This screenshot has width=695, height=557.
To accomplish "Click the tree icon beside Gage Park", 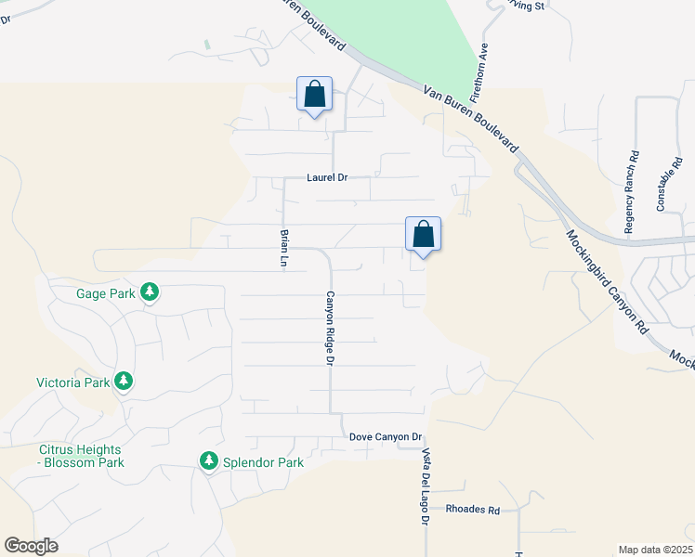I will [x=150, y=294].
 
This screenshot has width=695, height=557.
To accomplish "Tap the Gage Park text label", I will [x=107, y=294].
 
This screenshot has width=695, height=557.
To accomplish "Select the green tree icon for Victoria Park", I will [x=123, y=382].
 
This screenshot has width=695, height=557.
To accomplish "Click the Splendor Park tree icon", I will [x=209, y=461].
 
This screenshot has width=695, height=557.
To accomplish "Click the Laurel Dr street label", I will [x=327, y=176].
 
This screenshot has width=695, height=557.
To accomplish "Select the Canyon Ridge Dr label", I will [x=329, y=328].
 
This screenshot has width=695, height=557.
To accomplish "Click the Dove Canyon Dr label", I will [x=386, y=436].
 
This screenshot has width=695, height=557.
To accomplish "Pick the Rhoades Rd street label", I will [x=473, y=510].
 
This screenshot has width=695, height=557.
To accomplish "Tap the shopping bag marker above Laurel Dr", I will [x=314, y=95].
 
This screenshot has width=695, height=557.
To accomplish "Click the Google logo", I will [x=31, y=546].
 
